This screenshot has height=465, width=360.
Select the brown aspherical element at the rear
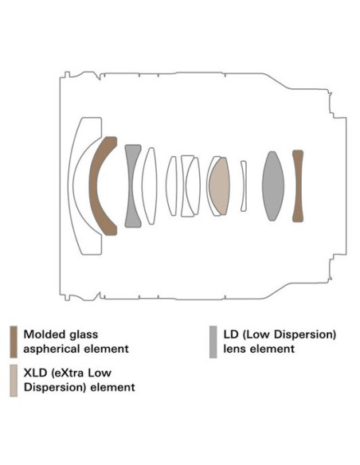click(x=298, y=186)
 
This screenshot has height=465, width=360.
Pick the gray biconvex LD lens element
click(x=273, y=186)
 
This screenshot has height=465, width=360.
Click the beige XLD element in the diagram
click(x=220, y=186)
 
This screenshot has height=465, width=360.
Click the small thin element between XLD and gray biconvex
click(x=244, y=186)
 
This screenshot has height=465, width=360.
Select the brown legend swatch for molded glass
click(x=14, y=342)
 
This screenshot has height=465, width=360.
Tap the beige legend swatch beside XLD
click(x=14, y=381)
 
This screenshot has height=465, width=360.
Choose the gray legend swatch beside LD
click(x=213, y=342)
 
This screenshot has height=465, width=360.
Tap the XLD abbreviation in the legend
click(x=35, y=373)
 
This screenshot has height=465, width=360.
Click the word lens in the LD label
click(x=235, y=349)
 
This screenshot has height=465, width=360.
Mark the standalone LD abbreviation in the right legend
click(x=231, y=334)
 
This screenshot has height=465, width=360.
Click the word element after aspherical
click(x=107, y=349)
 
